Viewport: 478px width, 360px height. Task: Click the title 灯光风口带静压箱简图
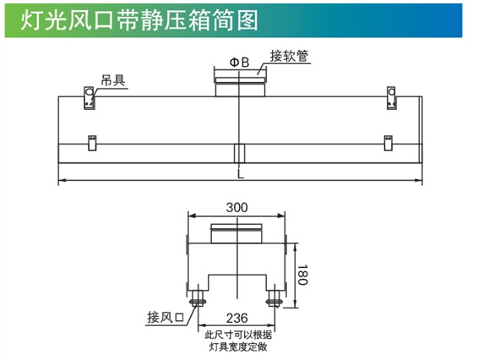click(x=139, y=20)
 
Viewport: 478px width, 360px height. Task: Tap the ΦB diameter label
click(x=240, y=63)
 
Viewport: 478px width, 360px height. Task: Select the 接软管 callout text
click(x=289, y=56)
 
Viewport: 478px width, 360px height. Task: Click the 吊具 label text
click(x=113, y=80)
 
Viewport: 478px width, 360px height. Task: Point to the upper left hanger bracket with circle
click(x=90, y=98)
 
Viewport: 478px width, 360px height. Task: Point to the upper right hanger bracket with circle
click(x=391, y=98)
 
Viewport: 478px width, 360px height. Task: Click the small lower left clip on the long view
click(x=92, y=143)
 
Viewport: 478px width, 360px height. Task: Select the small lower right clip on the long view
click(x=388, y=143)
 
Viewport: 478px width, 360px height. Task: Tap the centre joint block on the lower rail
click(x=239, y=153)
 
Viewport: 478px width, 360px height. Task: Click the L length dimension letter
click(x=241, y=174)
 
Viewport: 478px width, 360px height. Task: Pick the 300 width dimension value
click(x=236, y=208)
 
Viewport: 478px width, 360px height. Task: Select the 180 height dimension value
click(x=302, y=275)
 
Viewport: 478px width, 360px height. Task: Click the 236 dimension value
click(x=236, y=319)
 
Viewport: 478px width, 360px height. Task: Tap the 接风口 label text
click(x=166, y=317)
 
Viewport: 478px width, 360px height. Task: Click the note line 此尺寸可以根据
click(x=238, y=335)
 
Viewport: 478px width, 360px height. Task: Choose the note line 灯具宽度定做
click(x=238, y=346)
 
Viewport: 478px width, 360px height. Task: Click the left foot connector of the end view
click(x=198, y=297)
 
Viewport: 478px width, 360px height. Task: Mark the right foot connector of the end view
click(x=274, y=297)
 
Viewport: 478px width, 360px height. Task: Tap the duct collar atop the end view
click(x=236, y=233)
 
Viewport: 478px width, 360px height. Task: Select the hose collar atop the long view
click(x=240, y=87)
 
